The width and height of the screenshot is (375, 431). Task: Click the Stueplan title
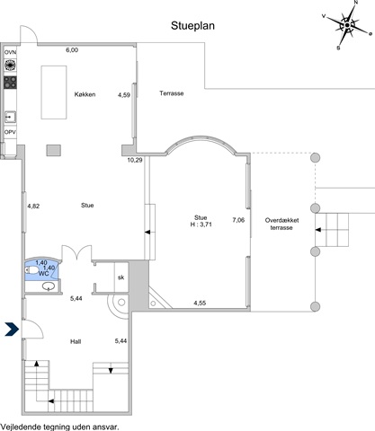coord(192,26)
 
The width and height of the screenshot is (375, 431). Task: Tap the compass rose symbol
coord(347,25)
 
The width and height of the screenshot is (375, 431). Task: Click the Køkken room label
coord(85,94)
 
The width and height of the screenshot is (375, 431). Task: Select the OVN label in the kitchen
coord(10,52)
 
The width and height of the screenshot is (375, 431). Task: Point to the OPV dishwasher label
coord(10,132)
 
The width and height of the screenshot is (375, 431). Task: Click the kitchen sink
coord(10,117)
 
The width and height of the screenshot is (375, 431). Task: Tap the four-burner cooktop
coord(10,83)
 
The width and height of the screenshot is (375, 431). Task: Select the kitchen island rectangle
coord(54,92)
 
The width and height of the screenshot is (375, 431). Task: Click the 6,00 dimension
coord(72,50)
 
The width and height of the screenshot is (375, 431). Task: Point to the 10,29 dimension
coord(135,160)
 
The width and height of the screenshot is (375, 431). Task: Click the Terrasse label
coord(172,93)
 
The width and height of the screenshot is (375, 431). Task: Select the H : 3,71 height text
coord(201,224)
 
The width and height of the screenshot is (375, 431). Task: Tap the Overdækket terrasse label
coord(281,224)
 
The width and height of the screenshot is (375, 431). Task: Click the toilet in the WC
coord(32,270)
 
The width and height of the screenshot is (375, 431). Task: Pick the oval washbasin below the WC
coord(49,286)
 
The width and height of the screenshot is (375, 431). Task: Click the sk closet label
coord(121,277)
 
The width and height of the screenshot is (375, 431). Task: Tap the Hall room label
coord(76,341)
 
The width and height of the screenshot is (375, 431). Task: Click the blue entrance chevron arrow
coord(12,330)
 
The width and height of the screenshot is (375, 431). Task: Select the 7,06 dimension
coord(238,220)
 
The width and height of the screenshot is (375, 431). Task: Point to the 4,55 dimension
coord(200,303)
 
